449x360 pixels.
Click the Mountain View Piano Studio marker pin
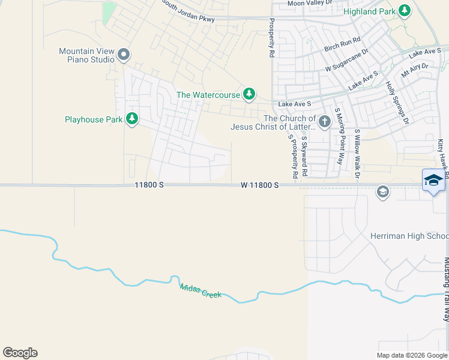pos(124,55)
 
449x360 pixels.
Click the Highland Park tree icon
pos(405,11)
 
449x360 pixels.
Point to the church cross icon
pos(324,122)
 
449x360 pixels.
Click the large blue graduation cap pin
pos(434,181)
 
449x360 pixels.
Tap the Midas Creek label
pos(200,291)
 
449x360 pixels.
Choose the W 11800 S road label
pos(260,185)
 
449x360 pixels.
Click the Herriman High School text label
pos(409,236)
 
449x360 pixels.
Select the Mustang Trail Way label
pos(446,289)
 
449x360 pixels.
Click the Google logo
pos(20,353)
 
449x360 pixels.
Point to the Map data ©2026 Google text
pos(412,355)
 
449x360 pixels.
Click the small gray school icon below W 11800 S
pos(381,192)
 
